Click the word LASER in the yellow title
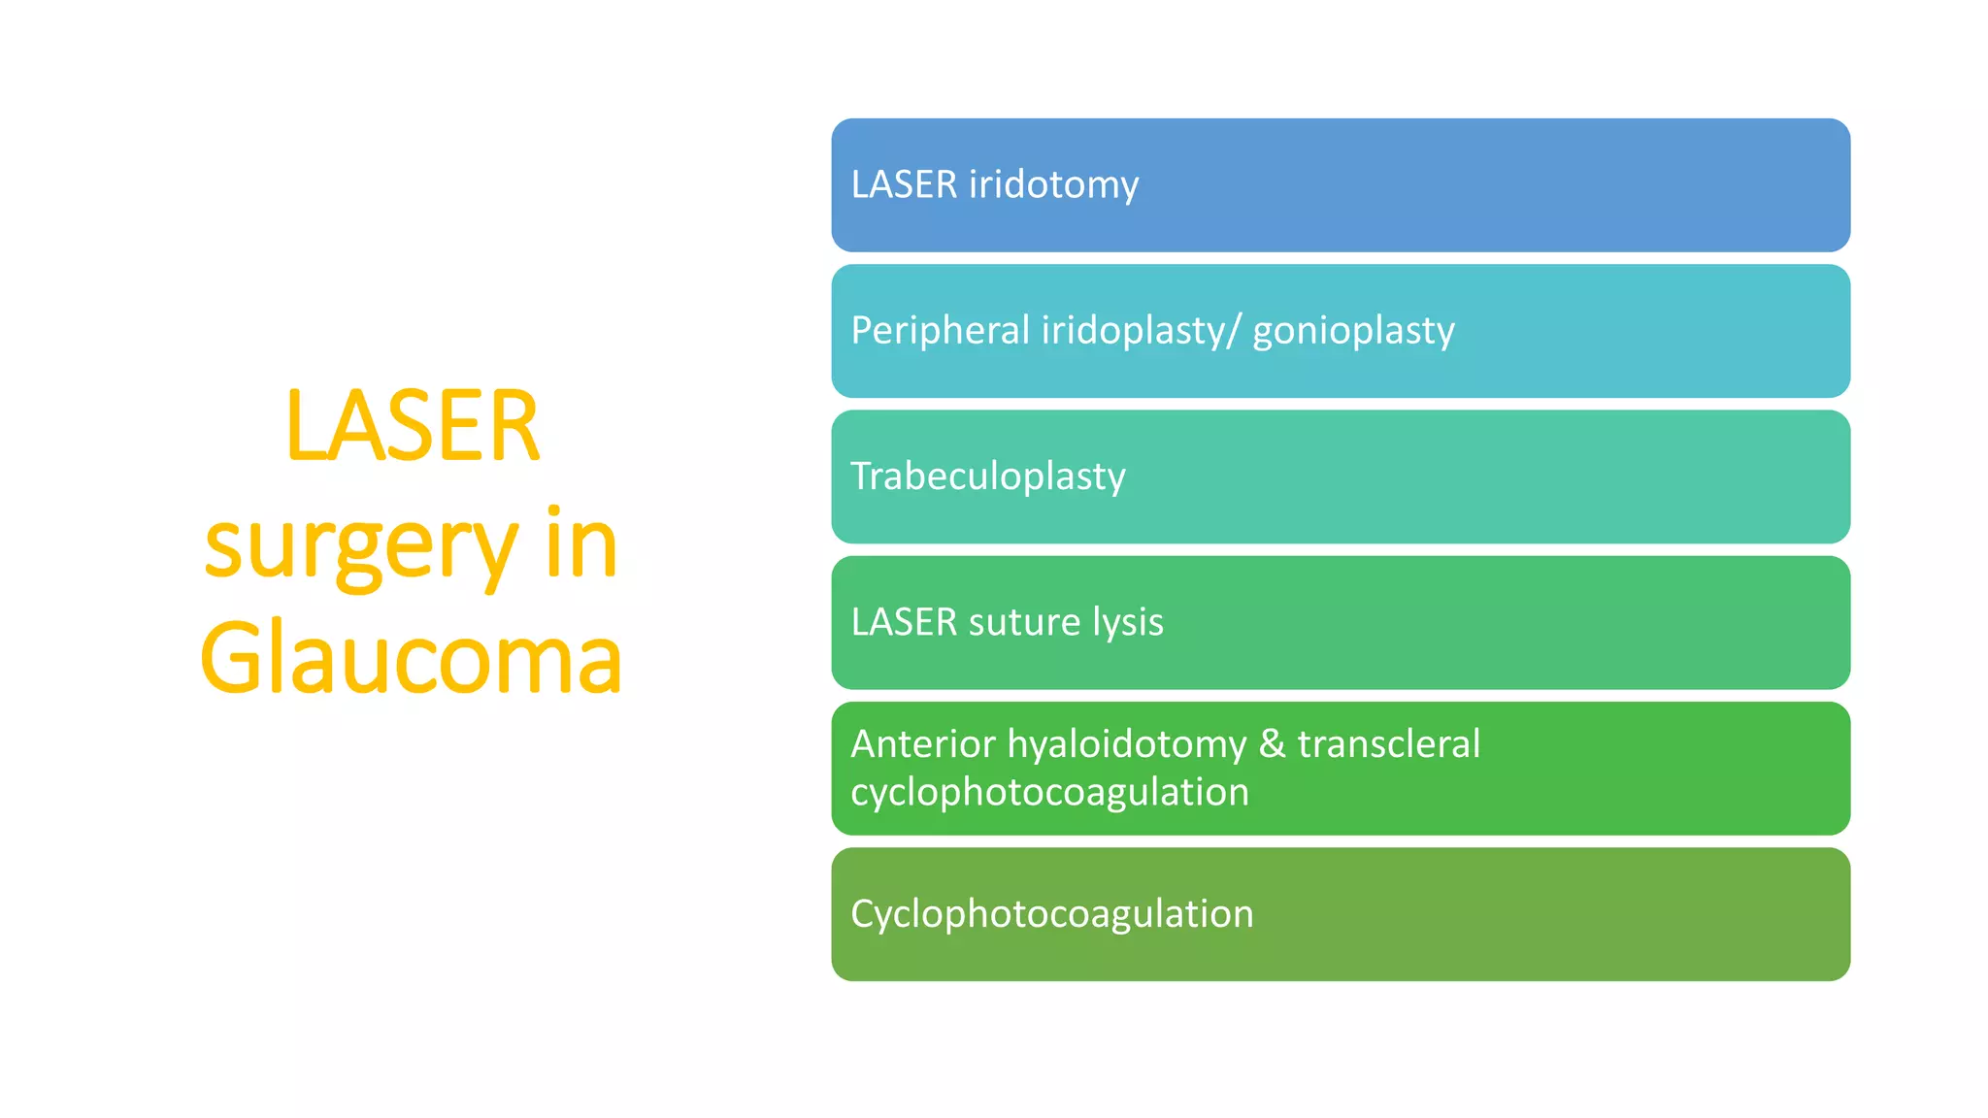tap(412, 427)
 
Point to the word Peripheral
tap(940, 331)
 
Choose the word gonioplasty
tap(1353, 331)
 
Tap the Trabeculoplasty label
tap(988, 477)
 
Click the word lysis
tap(1127, 622)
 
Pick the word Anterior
tap(923, 744)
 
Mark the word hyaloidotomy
tap(1126, 744)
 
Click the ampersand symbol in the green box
tap(1272, 744)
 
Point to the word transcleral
tap(1388, 744)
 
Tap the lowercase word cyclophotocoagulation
tap(1049, 793)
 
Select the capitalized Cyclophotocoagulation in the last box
tap(1051, 914)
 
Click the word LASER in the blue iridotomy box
tap(904, 185)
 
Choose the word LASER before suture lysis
tap(904, 622)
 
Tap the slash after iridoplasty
tap(1233, 331)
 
